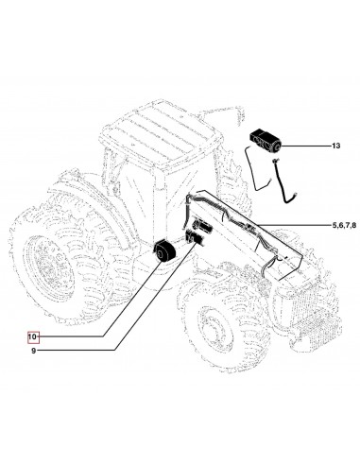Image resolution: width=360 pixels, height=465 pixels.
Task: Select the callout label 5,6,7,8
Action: (321, 226)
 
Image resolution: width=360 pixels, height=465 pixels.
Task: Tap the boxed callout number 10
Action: (33, 335)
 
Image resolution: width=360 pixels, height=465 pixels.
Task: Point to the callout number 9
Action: (33, 352)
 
